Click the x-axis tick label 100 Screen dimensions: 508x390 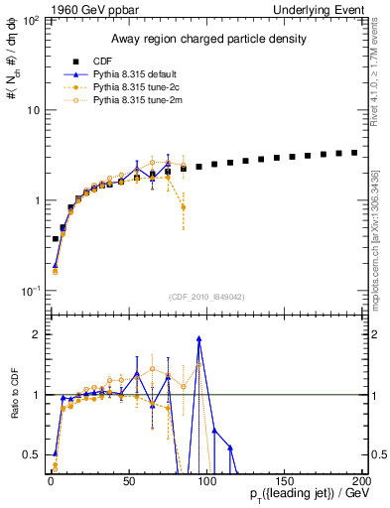(x=206, y=479)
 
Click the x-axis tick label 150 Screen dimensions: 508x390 (x=284, y=479)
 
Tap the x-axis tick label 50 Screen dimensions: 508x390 (x=129, y=479)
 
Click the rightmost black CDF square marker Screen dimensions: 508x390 (x=353, y=153)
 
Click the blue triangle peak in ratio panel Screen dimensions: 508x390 (x=199, y=338)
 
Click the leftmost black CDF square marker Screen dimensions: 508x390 (x=56, y=239)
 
